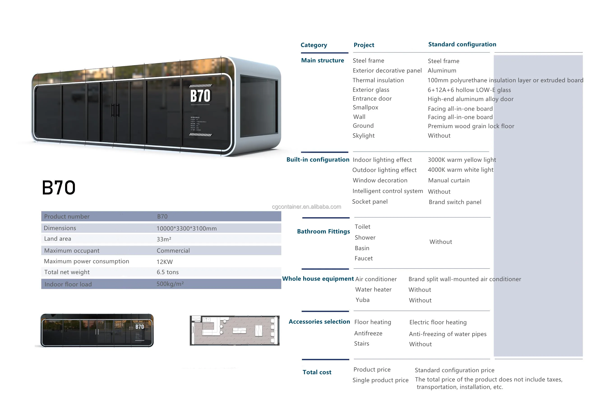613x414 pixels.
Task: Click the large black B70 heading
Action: click(x=58, y=188)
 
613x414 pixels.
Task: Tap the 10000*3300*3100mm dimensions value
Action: click(x=186, y=228)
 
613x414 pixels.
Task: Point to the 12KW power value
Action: click(x=164, y=262)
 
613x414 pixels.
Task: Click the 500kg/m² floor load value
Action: click(x=170, y=284)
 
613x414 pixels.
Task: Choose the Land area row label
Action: click(x=58, y=239)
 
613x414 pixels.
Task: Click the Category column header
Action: click(x=313, y=45)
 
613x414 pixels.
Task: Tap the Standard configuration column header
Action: click(x=462, y=44)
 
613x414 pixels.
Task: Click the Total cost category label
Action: click(x=317, y=372)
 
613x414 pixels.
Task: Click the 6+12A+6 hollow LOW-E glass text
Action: click(x=469, y=90)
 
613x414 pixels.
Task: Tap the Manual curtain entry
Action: click(x=449, y=180)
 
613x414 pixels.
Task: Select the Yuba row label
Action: click(x=362, y=300)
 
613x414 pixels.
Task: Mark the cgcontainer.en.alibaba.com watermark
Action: click(x=306, y=207)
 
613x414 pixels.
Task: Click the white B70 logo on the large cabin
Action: click(x=200, y=96)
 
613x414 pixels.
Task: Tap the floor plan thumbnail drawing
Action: click(x=234, y=330)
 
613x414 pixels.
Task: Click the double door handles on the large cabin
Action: click(x=115, y=110)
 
